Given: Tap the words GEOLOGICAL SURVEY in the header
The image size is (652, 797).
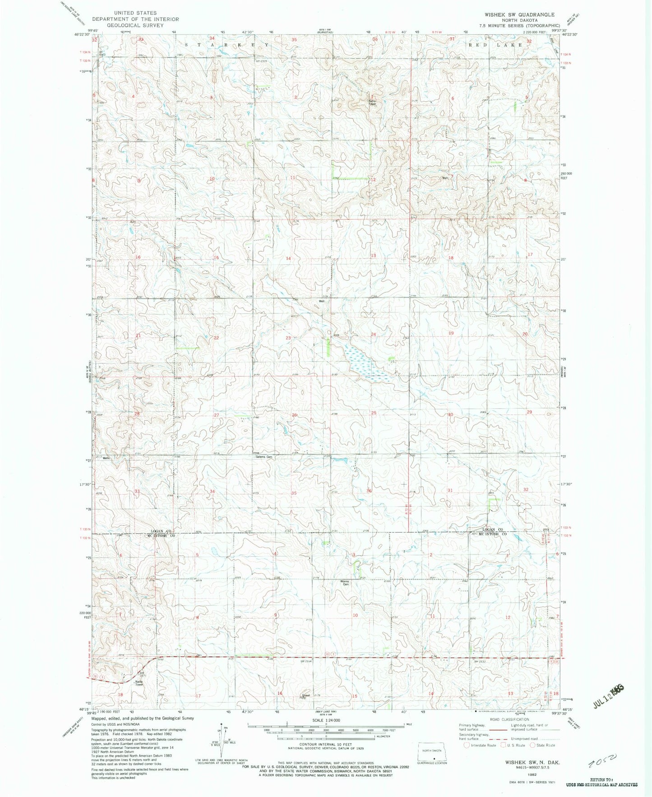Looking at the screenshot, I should point(135,25).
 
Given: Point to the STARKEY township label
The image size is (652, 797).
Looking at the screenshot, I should point(228,45).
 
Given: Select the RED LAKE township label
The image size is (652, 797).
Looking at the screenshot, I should point(495,45).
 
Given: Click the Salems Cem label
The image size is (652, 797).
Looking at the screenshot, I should point(264,457).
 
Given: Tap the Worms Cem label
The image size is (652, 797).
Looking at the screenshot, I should point(344,583).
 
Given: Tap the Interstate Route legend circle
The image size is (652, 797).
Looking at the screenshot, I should point(467,745).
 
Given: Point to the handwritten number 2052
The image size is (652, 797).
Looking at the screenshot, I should point(603,762).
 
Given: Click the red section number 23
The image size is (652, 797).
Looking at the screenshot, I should point(288,338).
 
